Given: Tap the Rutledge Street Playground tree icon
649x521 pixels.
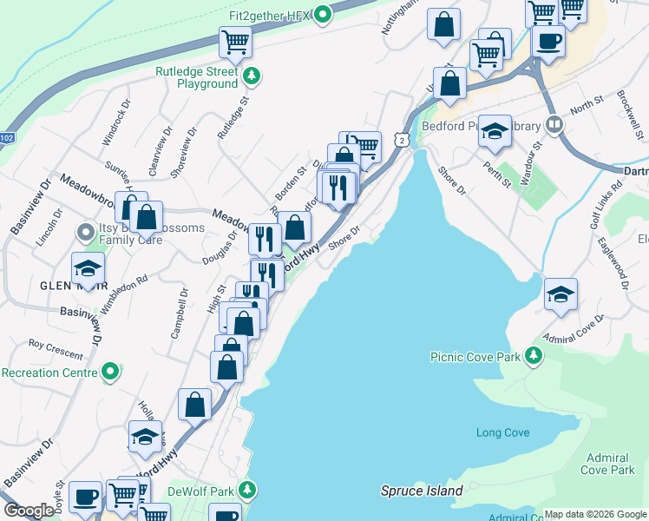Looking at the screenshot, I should point(252,76).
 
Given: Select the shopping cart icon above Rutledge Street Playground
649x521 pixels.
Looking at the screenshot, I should point(235,41).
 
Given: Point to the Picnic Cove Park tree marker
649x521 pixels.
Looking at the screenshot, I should point(534,356).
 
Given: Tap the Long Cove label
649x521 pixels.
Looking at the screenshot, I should point(502,432).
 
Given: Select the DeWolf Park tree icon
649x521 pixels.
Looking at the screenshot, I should point(247,490).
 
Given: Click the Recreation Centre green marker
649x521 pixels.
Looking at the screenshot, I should point(109,373).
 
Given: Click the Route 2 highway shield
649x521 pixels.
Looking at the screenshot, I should point(399,141).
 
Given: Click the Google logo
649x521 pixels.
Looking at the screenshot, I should point(29,511).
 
